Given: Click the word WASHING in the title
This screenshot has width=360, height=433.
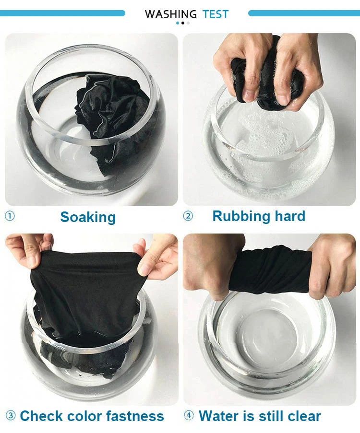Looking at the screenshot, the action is [170, 14].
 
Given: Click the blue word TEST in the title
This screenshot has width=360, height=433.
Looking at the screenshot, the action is [216, 14].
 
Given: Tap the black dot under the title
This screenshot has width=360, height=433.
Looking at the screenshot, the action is [182, 23].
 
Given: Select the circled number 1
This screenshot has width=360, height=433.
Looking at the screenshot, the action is [10, 216].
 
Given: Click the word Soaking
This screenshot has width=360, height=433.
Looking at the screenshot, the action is [88, 217].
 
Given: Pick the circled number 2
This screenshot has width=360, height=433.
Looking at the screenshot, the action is [188, 216].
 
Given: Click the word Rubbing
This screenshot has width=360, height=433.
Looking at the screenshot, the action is [240, 216].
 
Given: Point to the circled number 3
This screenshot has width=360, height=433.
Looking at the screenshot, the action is [11, 415].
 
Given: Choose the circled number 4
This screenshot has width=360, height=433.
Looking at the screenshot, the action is [189, 415].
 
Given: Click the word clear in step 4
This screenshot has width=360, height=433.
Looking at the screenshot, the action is [304, 416].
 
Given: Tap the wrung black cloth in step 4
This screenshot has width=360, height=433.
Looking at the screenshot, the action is [272, 269].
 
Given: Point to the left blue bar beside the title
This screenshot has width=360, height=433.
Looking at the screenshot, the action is [62, 13].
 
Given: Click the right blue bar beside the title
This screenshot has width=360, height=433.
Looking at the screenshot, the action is [304, 13].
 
